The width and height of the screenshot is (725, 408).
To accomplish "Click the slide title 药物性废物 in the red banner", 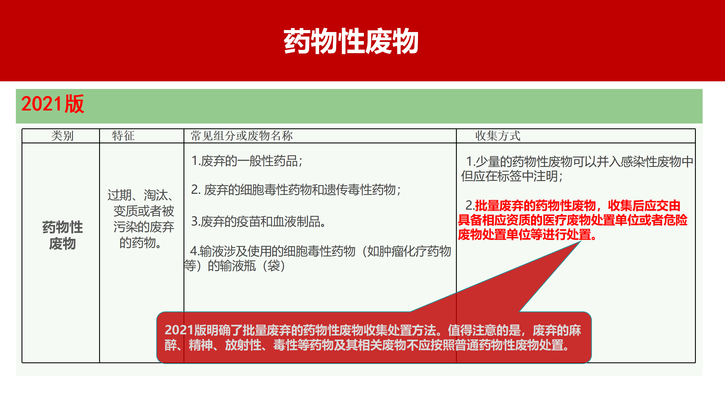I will click(x=351, y=41).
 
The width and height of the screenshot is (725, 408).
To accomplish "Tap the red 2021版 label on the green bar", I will click(x=53, y=104).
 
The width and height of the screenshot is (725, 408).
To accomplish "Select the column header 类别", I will click(x=62, y=136).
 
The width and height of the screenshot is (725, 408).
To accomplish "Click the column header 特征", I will click(x=123, y=136).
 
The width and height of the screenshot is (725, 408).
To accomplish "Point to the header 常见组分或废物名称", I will click(x=242, y=136).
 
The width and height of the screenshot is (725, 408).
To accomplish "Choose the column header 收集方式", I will click(x=498, y=136).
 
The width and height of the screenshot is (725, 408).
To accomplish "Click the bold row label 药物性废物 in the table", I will click(x=62, y=235).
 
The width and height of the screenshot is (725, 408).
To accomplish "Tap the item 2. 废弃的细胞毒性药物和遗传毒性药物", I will click(x=296, y=190).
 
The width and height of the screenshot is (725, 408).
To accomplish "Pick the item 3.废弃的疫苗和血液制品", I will click(x=258, y=222).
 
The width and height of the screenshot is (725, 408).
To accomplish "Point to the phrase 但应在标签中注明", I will click(x=511, y=176).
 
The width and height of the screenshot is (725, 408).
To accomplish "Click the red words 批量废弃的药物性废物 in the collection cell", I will click(x=535, y=206).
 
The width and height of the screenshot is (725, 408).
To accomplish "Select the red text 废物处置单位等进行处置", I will click(x=527, y=235).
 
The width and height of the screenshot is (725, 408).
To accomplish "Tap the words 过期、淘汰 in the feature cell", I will click(x=140, y=195).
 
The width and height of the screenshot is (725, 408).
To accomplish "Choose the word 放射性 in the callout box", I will click(x=243, y=345).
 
